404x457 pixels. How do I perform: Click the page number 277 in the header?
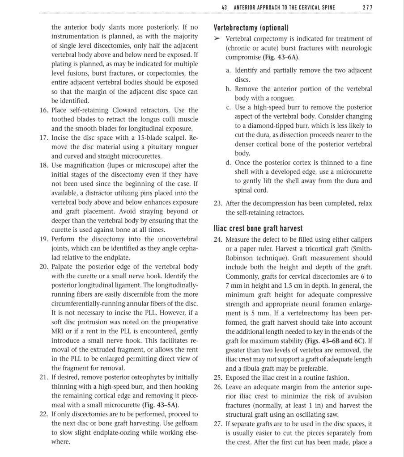[x=367, y=8]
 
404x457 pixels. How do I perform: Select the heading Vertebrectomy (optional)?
[x=251, y=28]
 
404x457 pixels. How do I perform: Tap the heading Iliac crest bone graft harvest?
[x=258, y=229]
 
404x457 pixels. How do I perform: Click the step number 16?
[x=44, y=110]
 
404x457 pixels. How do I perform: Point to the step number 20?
[x=44, y=267]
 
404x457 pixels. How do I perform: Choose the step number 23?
[x=218, y=203]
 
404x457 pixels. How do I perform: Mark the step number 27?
[x=218, y=423]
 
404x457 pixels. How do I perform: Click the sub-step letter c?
[x=228, y=107]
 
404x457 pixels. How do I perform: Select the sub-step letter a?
[x=228, y=71]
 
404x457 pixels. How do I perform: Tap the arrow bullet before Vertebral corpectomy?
[x=217, y=39]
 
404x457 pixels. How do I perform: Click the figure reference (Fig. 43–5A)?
[x=160, y=405]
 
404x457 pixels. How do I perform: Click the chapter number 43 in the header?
[x=225, y=8]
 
